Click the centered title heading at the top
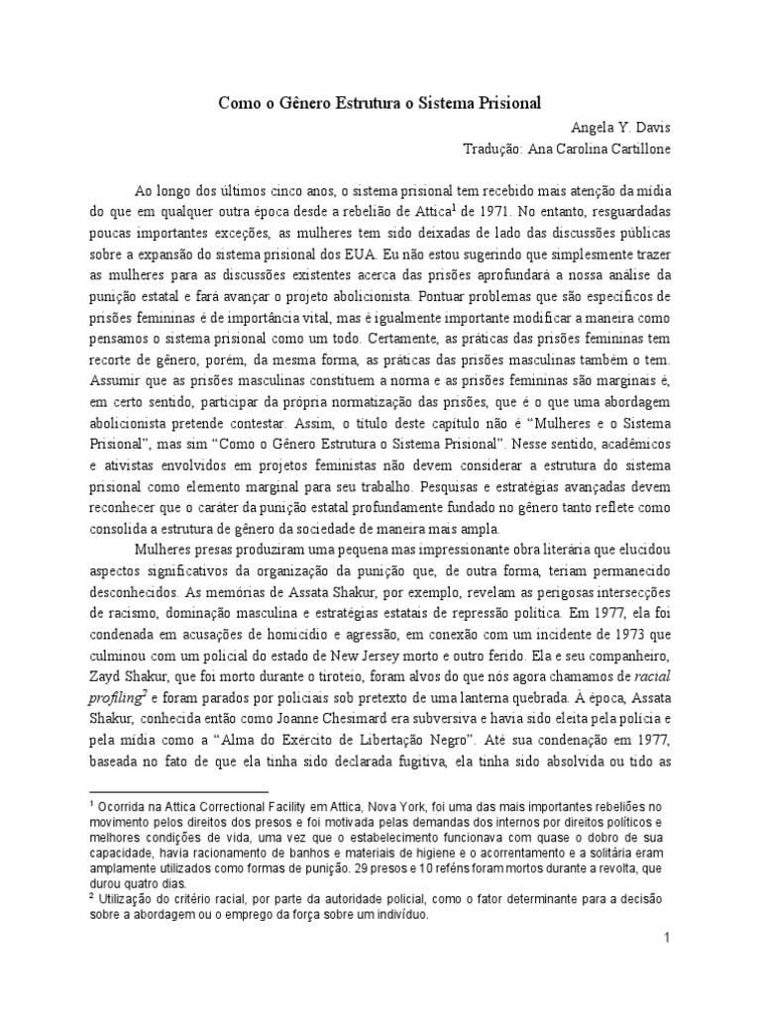point(380,103)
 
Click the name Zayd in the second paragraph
point(108,677)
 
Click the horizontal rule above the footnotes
point(178,792)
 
